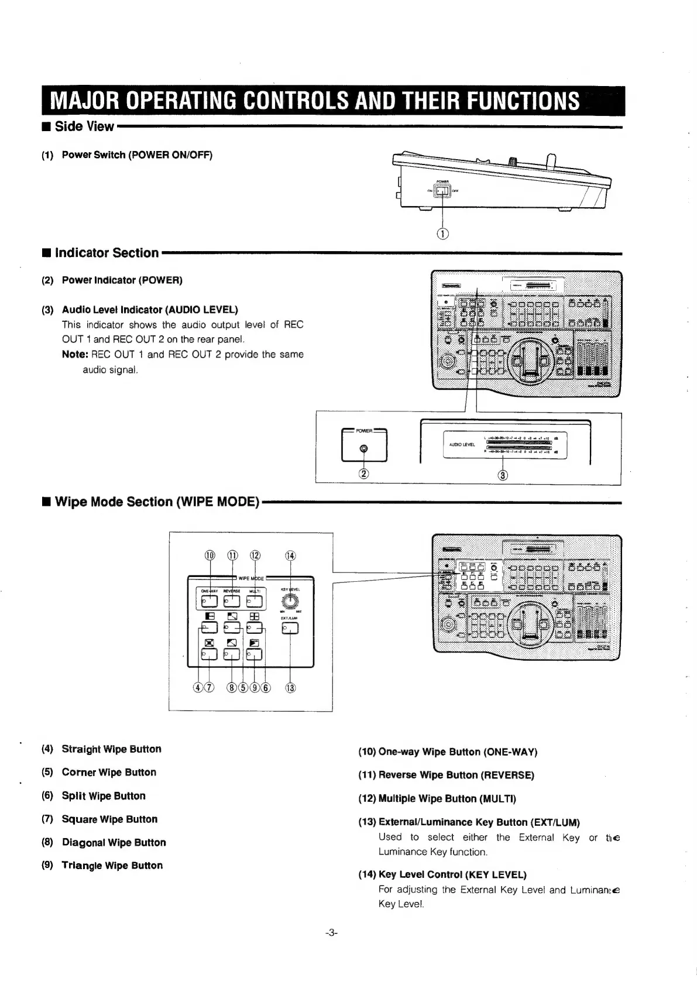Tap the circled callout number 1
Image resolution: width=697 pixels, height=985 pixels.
443,234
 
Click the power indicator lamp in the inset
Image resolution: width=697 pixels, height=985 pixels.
364,449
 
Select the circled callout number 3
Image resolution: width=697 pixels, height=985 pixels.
502,474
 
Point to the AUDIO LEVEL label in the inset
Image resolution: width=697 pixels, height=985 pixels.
462,445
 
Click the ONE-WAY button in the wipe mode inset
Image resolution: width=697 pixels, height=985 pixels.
209,601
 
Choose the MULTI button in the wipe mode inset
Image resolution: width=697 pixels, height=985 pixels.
255,601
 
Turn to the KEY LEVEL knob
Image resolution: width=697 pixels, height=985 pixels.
290,601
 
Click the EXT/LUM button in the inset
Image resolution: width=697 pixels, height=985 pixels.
290,629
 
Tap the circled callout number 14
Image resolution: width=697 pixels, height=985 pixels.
290,555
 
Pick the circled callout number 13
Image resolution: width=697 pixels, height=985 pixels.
290,688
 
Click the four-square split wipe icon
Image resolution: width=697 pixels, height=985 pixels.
255,616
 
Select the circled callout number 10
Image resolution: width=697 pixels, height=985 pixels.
210,555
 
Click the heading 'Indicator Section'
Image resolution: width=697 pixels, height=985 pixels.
107,253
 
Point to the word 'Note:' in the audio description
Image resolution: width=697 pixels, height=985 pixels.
75,355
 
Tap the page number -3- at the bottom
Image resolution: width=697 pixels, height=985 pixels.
332,933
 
